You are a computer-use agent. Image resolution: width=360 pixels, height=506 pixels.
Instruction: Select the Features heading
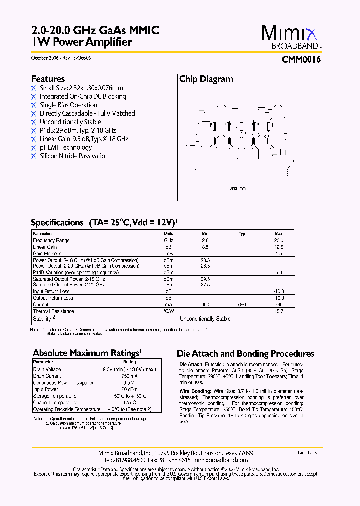pyautogui.click(x=48, y=79)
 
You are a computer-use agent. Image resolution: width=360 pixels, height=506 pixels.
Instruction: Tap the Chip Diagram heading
pyautogui.click(x=206, y=79)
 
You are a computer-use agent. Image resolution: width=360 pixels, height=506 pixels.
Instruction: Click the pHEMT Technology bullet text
pyautogui.click(x=66, y=147)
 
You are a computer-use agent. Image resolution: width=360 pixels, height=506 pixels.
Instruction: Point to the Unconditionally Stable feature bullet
pyautogui.click(x=70, y=122)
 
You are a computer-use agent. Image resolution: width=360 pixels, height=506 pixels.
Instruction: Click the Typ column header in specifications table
pyautogui.click(x=242, y=234)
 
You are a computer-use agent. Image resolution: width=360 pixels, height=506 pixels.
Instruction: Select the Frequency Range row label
pyautogui.click(x=51, y=240)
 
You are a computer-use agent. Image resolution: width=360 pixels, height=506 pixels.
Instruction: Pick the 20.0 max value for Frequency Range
pyautogui.click(x=278, y=240)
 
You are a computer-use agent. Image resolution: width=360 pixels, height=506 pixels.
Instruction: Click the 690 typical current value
pyautogui.click(x=242, y=305)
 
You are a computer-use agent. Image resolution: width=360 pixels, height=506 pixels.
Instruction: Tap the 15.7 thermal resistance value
pyautogui.click(x=278, y=311)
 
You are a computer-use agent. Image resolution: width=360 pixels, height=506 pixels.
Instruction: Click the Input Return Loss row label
pyautogui.click(x=51, y=291)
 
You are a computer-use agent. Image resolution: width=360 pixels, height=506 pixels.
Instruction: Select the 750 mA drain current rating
pyautogui.click(x=129, y=376)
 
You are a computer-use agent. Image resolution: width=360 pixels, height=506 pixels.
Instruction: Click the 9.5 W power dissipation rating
pyautogui.click(x=129, y=383)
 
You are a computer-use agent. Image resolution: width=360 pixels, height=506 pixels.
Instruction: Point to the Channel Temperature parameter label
pyautogui.click(x=55, y=402)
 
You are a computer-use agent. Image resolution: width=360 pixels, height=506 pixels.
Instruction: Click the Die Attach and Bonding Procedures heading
pyautogui.click(x=246, y=354)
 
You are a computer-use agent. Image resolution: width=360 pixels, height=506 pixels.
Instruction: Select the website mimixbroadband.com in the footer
pyautogui.click(x=220, y=460)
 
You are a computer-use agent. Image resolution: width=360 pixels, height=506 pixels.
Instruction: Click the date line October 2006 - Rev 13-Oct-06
pyautogui.click(x=61, y=58)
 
